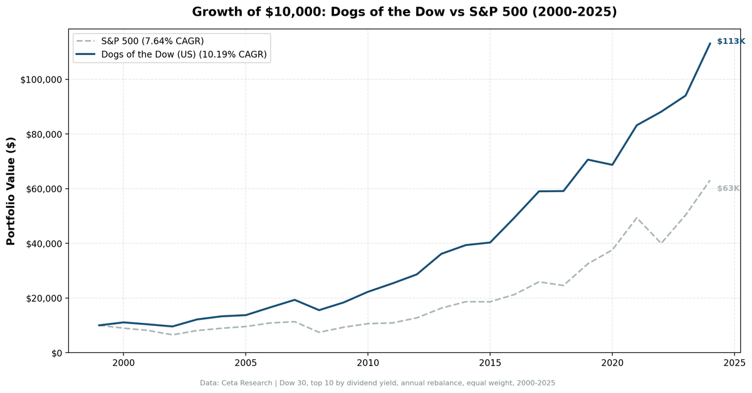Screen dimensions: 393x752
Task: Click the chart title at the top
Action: pos(404,12)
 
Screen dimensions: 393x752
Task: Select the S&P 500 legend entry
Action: pos(152,41)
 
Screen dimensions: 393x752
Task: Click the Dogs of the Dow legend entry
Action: pos(184,55)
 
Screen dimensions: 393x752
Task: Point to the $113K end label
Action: pos(731,41)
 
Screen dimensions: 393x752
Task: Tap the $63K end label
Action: pos(728,188)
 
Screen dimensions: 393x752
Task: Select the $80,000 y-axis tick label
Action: pos(41,134)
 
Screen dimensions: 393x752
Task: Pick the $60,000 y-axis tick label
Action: pos(41,189)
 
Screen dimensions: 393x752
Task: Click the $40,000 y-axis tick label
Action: pos(41,243)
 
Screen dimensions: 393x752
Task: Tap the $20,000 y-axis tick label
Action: pos(41,298)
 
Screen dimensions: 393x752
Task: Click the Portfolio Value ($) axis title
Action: pos(11,191)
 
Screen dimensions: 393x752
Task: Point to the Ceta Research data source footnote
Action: pos(377,383)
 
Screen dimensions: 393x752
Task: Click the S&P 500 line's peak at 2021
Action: pos(636,218)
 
